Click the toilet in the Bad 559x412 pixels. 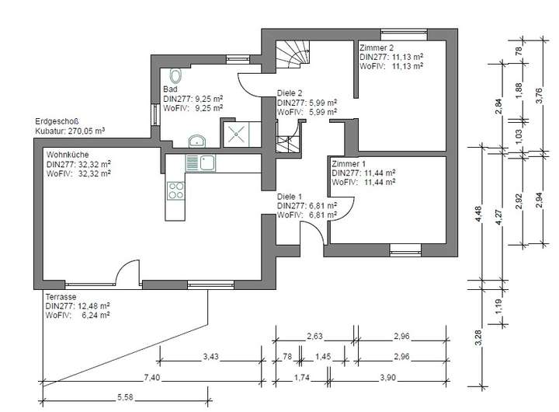175,75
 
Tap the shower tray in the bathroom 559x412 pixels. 236,134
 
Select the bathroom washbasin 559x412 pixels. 196,141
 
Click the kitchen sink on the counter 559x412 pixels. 200,163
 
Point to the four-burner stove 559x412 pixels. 175,190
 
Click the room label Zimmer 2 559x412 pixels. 377,47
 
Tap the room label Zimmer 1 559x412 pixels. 349,164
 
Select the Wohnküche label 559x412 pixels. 68,155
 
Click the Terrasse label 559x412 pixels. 61,297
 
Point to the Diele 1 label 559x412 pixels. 290,197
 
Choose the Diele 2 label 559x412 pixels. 290,93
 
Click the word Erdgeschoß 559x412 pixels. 57,121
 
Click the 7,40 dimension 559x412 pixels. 152,377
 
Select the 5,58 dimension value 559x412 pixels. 125,397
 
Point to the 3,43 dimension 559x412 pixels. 210,356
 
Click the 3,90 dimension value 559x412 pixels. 387,377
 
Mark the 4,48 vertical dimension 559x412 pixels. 478,214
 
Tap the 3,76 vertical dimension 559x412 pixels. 539,96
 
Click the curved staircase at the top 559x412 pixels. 293,54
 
